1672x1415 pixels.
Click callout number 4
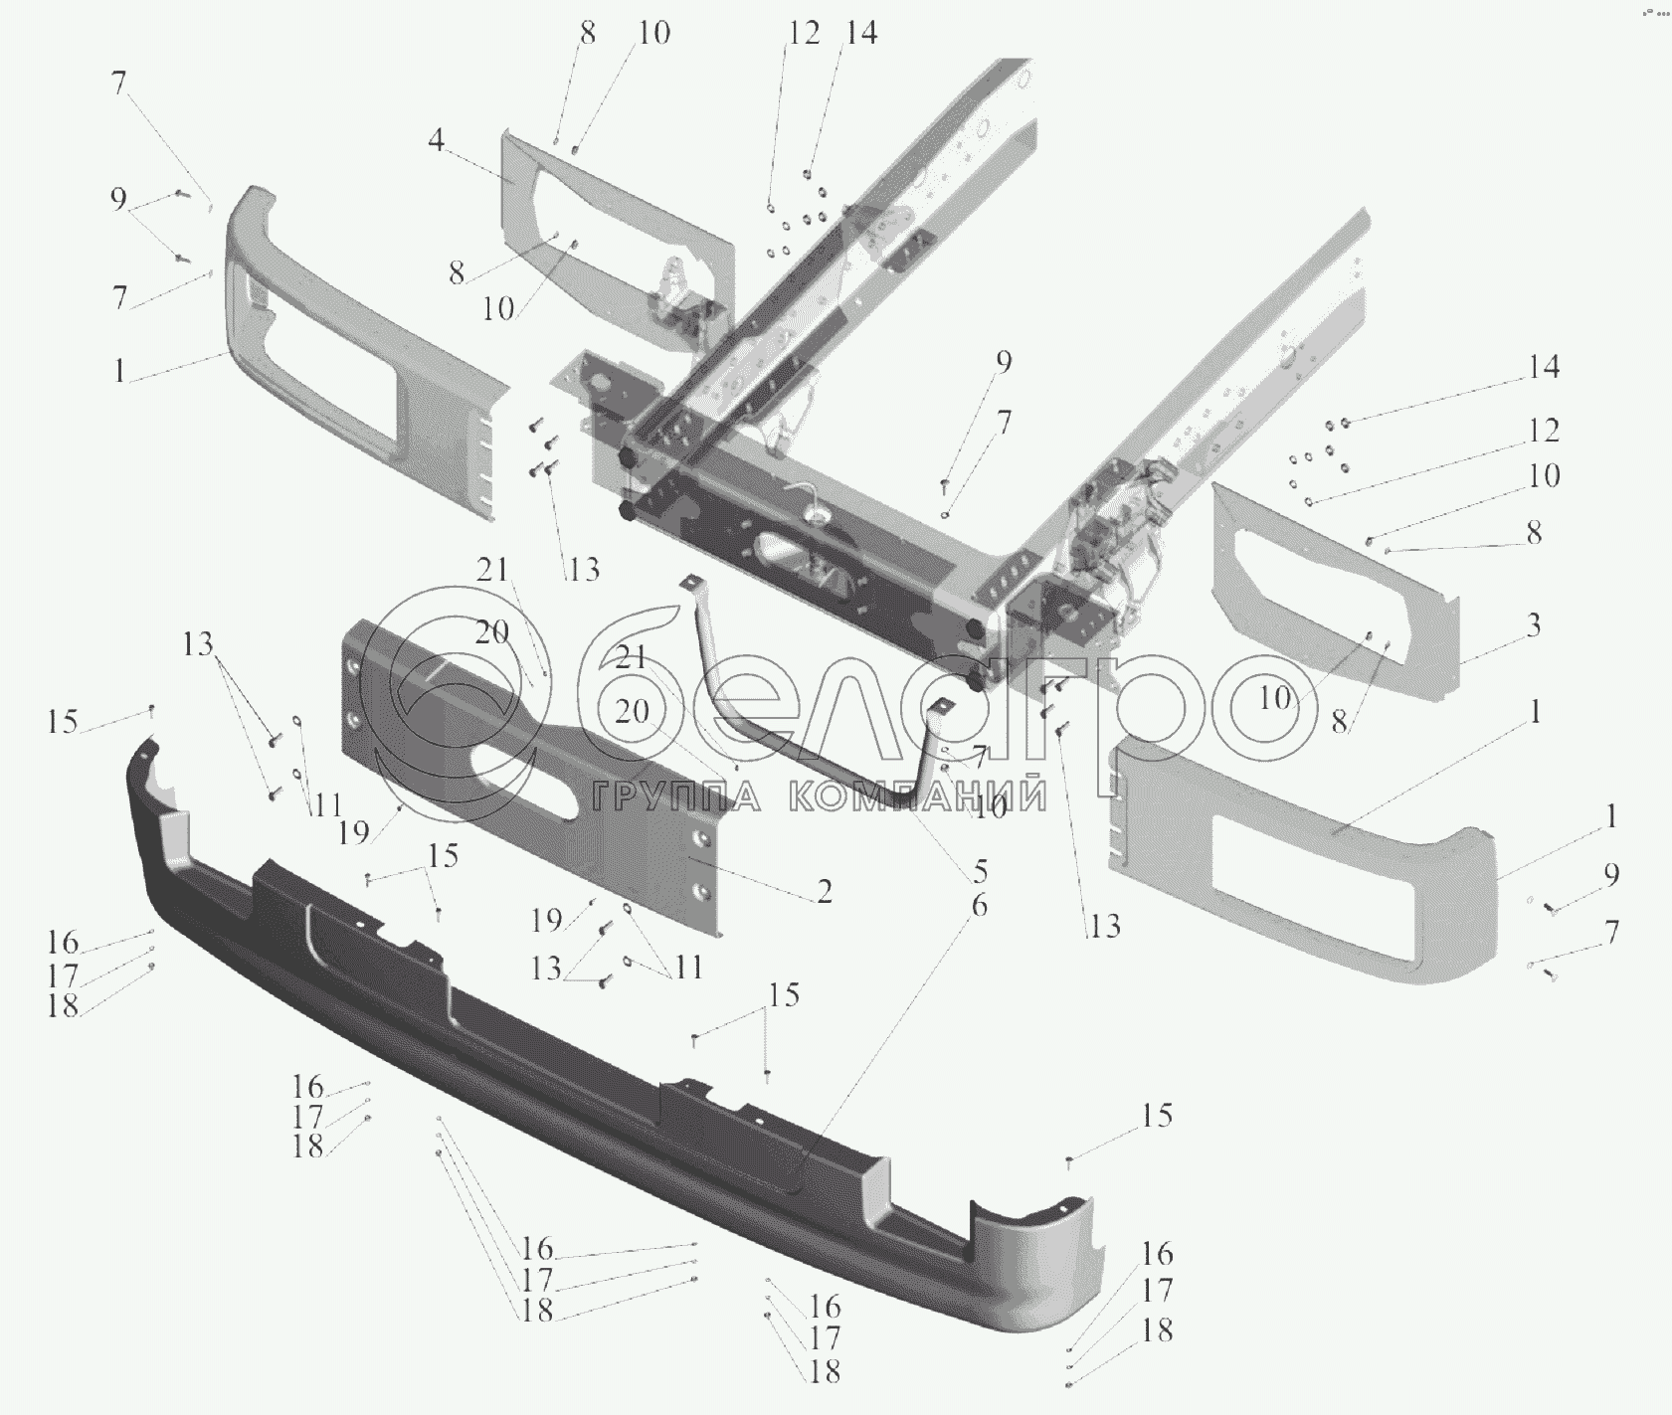436,141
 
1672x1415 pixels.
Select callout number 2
825,892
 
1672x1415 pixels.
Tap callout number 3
1533,625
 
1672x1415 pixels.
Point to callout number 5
980,872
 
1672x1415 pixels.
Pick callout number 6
979,906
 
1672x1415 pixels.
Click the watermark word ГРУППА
676,796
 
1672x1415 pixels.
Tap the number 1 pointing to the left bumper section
119,372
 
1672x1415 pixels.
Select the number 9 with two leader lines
118,200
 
